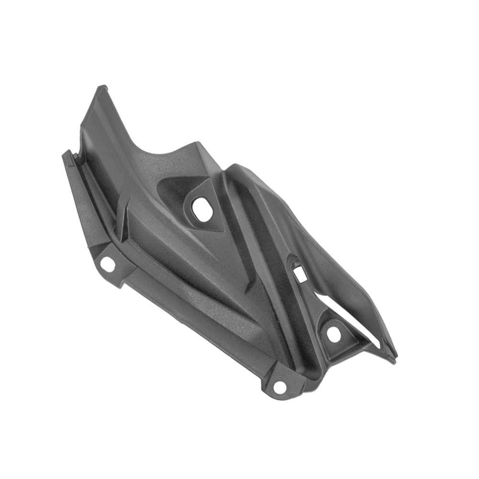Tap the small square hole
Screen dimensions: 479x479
[x=301, y=273]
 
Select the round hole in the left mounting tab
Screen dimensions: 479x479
[x=108, y=264]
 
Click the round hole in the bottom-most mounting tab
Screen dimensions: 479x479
[x=279, y=387]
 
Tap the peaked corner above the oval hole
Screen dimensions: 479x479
[x=197, y=143]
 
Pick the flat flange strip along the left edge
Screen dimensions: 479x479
[x=84, y=201]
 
